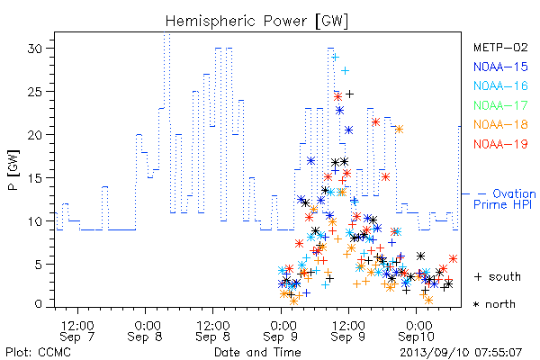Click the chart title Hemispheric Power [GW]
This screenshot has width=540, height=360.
coord(256,22)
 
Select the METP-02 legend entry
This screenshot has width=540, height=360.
coord(500,47)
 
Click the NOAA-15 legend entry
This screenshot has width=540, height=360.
coord(500,67)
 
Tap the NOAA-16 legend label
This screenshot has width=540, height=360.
coord(500,85)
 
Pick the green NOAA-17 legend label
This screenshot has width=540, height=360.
coord(500,105)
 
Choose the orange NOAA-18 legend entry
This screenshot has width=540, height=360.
coord(500,124)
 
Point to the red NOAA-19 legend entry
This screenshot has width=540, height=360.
coord(500,144)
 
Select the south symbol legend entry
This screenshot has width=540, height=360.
coord(498,276)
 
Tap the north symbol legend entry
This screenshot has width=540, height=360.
coord(494,304)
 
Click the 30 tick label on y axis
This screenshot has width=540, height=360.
coord(35,49)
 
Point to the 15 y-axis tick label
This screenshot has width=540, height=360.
coord(35,178)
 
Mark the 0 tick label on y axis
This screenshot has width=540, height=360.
coord(39,304)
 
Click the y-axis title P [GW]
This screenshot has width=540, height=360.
coord(13,170)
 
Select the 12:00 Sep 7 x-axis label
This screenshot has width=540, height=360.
coord(77,331)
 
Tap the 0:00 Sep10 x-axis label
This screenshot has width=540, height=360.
coord(417,331)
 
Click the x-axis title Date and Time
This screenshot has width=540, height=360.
coord(257,353)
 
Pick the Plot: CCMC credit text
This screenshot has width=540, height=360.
coord(38,353)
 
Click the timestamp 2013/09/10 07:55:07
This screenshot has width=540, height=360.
coord(461,353)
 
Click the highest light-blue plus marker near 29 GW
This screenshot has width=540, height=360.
coord(336,58)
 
